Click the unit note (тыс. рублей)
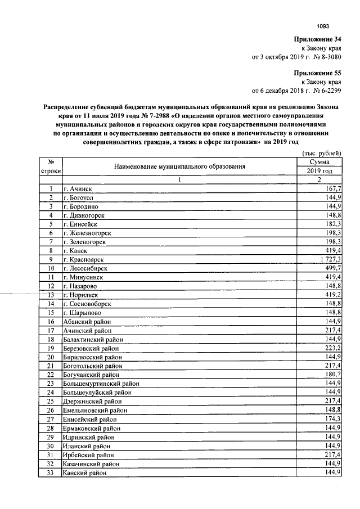pyautogui.click(x=321, y=154)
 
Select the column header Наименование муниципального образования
pyautogui.click(x=180, y=166)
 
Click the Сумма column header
pyautogui.click(x=319, y=162)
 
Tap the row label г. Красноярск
pyautogui.click(x=85, y=260)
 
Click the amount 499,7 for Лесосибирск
pyautogui.click(x=331, y=269)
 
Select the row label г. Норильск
pyautogui.click(x=82, y=295)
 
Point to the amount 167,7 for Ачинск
pyautogui.click(x=331, y=188)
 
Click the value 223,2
pyautogui.click(x=331, y=348)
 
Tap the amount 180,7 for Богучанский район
pyautogui.click(x=331, y=375)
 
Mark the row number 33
pyautogui.click(x=50, y=473)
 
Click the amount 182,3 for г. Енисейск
pyautogui.click(x=331, y=224)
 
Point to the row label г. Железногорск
pyautogui.click(x=87, y=233)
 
